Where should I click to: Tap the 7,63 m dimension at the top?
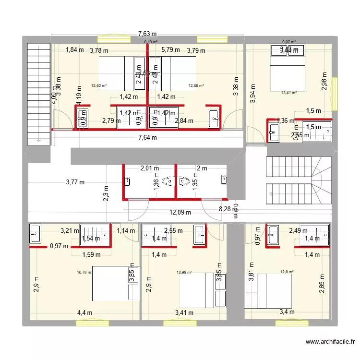(147, 34)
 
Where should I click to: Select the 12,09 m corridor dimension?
(180, 213)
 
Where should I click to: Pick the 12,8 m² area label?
(287, 272)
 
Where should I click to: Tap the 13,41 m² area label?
(288, 93)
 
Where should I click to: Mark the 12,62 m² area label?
(98, 86)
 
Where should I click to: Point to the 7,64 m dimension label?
(147, 138)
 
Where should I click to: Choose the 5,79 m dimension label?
(170, 49)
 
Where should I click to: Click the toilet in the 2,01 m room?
(169, 181)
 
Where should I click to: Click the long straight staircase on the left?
(39, 93)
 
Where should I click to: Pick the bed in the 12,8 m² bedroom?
(269, 290)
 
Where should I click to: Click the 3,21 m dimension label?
(69, 231)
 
